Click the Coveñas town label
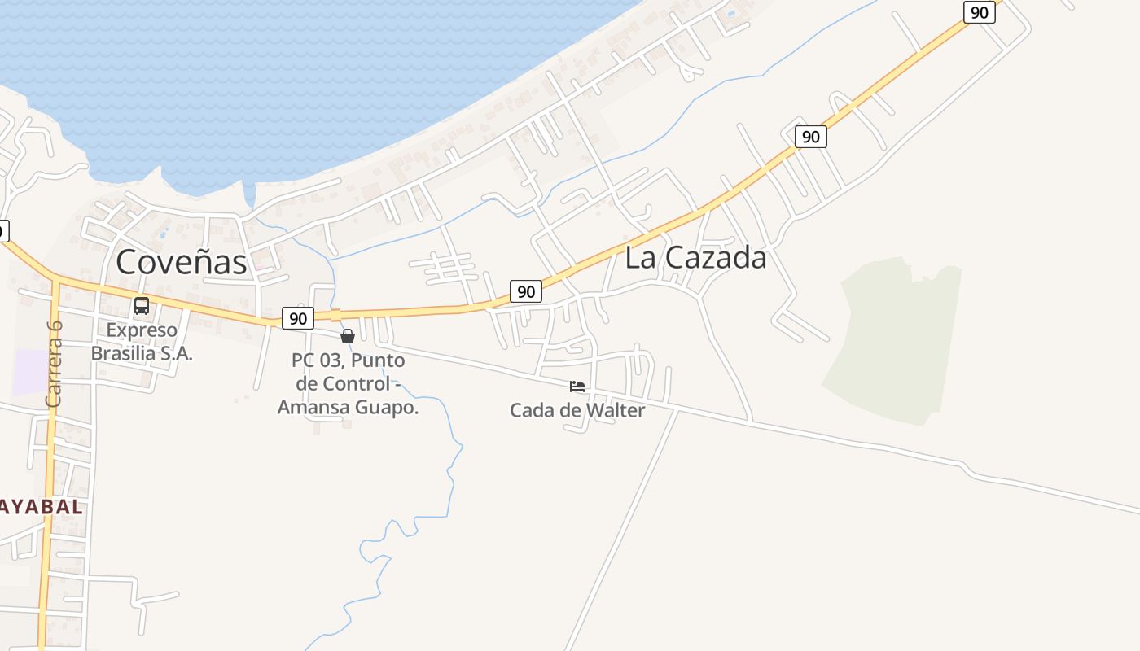click(x=182, y=262)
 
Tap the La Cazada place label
click(x=695, y=258)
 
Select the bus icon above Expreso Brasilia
click(x=142, y=306)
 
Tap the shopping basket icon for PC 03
click(x=348, y=336)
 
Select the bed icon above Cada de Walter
click(x=577, y=387)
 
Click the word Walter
click(x=615, y=410)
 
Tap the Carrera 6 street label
click(x=55, y=364)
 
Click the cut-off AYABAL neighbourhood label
click(x=41, y=506)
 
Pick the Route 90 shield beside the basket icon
click(x=298, y=318)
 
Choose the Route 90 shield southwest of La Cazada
click(x=526, y=291)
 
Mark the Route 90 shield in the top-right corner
click(x=979, y=12)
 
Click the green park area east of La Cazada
click(x=896, y=342)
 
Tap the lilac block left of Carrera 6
click(x=31, y=372)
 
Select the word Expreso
click(x=142, y=330)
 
